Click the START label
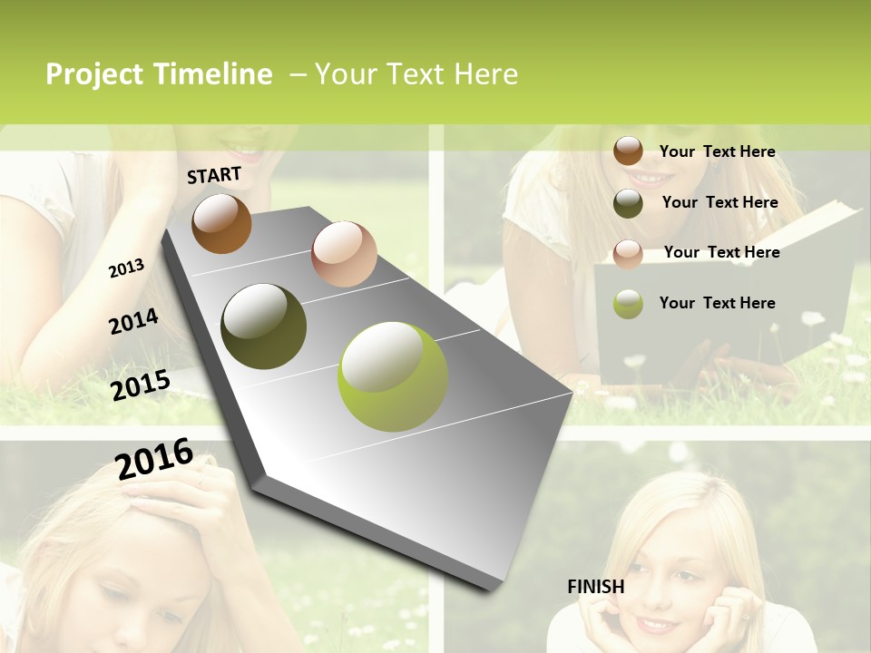click(214, 175)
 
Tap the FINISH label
click(595, 587)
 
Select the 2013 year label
click(126, 268)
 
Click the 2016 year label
click(154, 459)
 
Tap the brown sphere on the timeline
click(221, 223)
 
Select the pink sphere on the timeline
click(344, 254)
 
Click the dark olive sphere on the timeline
click(263, 326)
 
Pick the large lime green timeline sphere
click(393, 375)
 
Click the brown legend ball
click(628, 151)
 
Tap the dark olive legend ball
click(628, 203)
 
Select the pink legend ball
click(628, 253)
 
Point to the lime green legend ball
click(628, 304)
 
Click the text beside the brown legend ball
click(717, 151)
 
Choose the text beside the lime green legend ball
click(717, 303)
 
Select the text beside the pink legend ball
click(721, 252)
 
